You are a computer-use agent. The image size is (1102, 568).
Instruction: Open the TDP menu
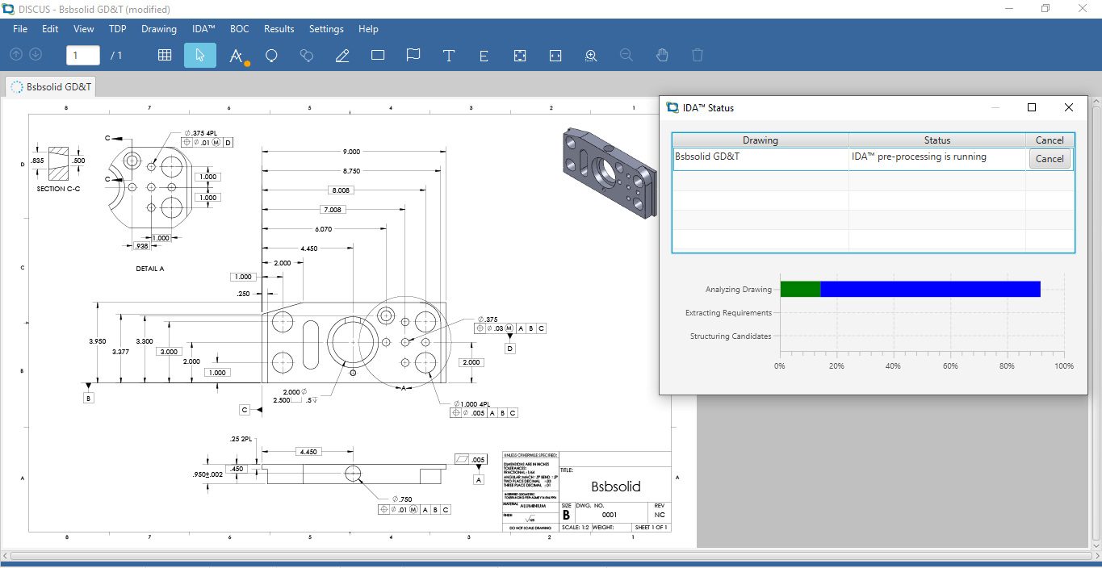[118, 29]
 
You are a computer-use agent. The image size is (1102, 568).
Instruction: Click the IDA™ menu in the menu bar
[203, 29]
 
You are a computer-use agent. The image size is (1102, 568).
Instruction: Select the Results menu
[279, 29]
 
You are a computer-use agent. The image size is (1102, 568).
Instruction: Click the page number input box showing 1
[83, 56]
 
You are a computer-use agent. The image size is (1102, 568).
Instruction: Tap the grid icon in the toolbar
[165, 56]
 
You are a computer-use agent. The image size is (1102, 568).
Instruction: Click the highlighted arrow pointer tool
[200, 56]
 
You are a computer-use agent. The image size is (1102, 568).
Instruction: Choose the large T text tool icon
[449, 56]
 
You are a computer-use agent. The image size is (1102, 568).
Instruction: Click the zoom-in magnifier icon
[591, 56]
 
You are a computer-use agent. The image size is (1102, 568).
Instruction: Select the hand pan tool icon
[662, 56]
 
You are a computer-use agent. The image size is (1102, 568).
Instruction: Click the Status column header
[936, 140]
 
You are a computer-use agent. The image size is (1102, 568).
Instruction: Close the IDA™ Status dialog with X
[1068, 107]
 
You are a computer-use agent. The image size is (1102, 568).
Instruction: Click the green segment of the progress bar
[800, 289]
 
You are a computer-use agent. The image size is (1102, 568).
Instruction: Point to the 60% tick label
[950, 366]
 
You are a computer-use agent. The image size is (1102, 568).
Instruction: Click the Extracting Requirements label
[728, 313]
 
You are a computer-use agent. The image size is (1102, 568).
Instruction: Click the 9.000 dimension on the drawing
[351, 152]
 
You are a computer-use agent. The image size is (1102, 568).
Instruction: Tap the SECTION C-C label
[58, 189]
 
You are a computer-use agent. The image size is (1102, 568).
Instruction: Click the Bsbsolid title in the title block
[615, 487]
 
